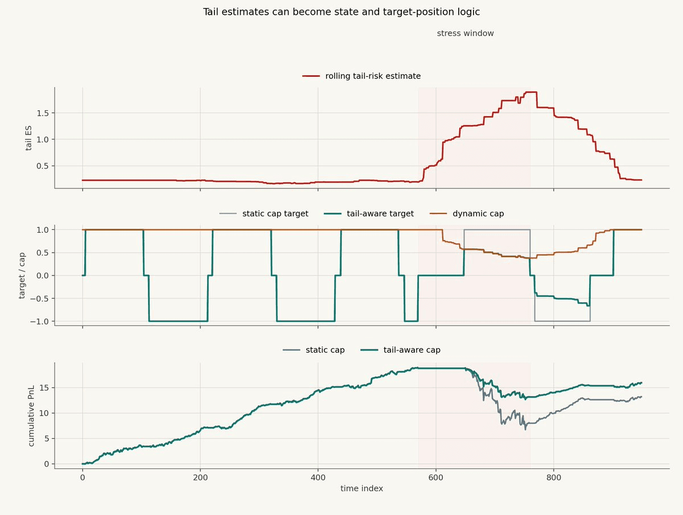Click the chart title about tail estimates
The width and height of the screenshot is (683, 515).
point(341,12)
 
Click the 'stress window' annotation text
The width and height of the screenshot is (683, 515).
point(465,33)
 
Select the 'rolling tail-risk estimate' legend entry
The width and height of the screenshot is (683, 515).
point(361,76)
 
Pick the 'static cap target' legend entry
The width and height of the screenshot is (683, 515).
point(264,213)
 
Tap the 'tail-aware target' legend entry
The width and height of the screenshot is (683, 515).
point(369,213)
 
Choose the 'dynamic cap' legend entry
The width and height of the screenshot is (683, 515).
point(467,213)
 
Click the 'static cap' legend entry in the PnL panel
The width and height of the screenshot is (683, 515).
point(314,350)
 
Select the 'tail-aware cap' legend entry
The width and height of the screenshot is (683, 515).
point(401,350)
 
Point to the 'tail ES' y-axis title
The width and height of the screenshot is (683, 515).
point(28,138)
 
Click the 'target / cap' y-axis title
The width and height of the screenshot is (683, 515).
point(22,275)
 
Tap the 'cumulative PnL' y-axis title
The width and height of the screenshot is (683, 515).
point(31,416)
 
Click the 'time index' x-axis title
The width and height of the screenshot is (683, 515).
point(361,489)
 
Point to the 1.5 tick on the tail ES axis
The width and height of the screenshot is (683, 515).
point(43,113)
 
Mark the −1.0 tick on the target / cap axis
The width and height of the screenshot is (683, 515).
point(39,322)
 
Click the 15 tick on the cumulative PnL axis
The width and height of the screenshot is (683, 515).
point(44,388)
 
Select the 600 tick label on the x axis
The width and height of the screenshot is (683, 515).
point(435,477)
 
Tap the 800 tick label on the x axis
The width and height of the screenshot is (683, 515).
point(554,477)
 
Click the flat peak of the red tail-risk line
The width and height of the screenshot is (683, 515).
point(531,92)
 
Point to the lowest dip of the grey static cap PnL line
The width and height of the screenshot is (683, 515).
point(525,430)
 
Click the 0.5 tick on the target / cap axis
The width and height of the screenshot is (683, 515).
point(43,253)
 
